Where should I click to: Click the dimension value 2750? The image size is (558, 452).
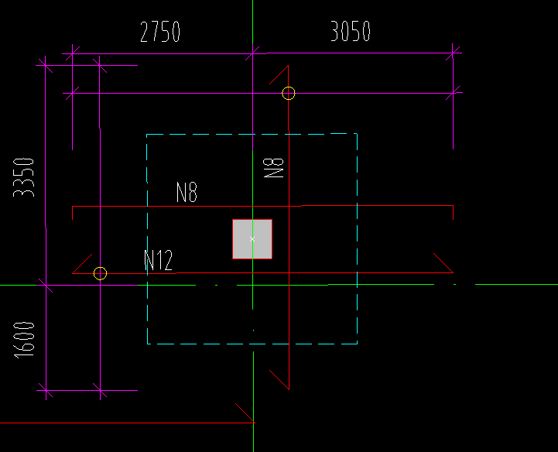[x=160, y=32]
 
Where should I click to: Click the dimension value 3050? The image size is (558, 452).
[x=351, y=31]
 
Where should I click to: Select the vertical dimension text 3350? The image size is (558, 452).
[x=23, y=177]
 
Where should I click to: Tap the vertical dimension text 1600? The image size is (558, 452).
[x=24, y=340]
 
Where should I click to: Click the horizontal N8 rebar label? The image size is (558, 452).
[x=187, y=192]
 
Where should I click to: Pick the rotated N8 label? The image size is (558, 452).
[x=273, y=168]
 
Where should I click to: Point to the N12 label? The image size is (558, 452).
[x=159, y=260]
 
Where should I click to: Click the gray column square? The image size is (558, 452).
[x=252, y=239]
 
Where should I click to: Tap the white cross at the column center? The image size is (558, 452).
[x=252, y=239]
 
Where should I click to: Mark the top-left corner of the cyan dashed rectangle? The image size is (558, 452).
[x=146, y=135]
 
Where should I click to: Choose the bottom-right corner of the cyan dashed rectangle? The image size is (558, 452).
[x=357, y=344]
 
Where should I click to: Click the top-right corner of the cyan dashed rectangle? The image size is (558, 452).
[x=357, y=134]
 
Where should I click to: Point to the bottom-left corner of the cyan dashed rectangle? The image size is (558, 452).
[x=147, y=344]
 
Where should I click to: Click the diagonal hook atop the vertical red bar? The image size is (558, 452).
[x=279, y=75]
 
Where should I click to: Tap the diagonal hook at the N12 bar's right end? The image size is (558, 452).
[x=443, y=263]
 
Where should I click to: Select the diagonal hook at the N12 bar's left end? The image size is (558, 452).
[x=82, y=264]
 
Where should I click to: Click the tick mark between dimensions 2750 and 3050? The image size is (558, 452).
[x=252, y=53]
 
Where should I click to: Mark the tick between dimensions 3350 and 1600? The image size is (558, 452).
[x=46, y=285]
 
